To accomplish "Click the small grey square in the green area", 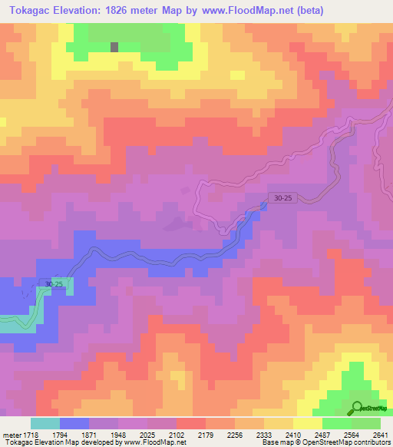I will click(x=114, y=46).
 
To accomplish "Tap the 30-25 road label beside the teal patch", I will click(x=54, y=284).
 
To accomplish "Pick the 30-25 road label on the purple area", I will click(x=282, y=198).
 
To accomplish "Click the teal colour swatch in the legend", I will click(x=45, y=423).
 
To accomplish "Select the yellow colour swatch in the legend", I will click(x=308, y=423).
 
